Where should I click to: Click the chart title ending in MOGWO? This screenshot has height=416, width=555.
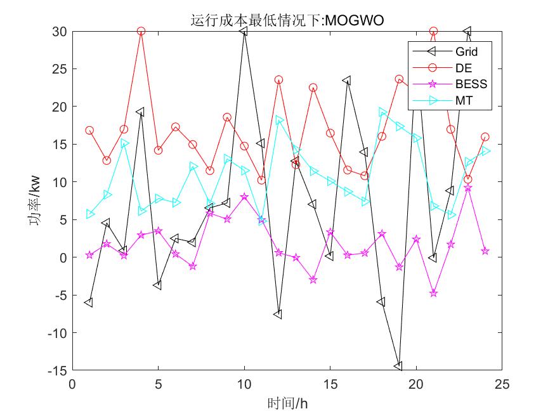click(x=287, y=21)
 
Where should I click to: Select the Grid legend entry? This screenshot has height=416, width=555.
click(x=466, y=51)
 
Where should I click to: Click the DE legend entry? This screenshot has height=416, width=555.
click(x=463, y=67)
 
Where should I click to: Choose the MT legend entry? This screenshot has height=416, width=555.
click(x=463, y=100)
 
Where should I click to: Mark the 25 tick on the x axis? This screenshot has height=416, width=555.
click(x=502, y=384)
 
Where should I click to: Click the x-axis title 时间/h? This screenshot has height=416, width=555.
click(x=287, y=403)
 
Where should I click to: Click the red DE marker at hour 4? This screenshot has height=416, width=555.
click(x=141, y=31)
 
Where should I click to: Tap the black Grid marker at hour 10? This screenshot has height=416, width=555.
click(x=244, y=31)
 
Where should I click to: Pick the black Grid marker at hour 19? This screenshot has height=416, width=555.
click(x=398, y=366)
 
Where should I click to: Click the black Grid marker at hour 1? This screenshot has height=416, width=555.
click(x=89, y=302)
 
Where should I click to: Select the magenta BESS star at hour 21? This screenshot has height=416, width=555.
click(x=433, y=293)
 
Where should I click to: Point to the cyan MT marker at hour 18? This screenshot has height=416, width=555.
click(x=382, y=112)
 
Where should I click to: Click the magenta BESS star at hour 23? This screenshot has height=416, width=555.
click(x=467, y=188)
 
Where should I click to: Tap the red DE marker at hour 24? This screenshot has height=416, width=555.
click(x=485, y=137)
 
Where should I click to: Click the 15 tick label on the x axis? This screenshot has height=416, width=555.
click(x=330, y=384)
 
